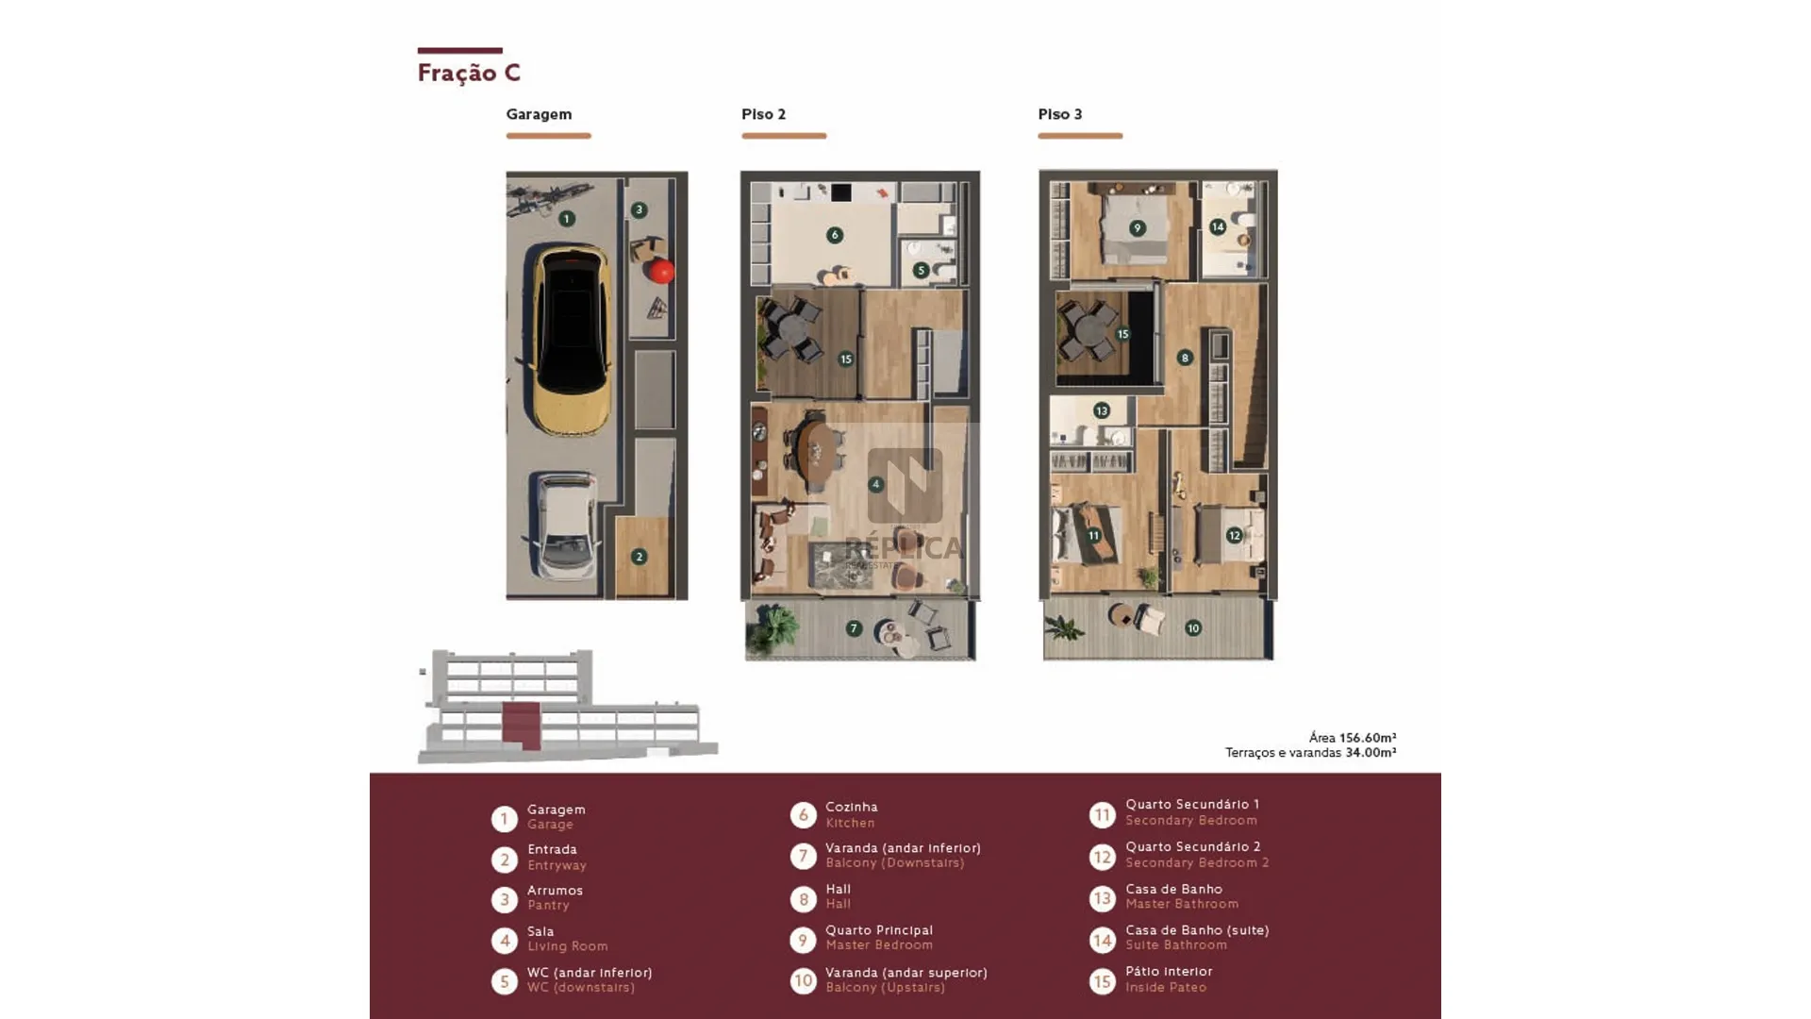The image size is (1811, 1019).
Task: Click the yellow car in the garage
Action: [x=572, y=339]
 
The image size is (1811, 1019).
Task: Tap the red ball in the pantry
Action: [x=661, y=271]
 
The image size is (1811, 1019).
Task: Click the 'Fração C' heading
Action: [x=469, y=73]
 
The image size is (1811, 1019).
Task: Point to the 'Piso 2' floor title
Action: [x=763, y=114]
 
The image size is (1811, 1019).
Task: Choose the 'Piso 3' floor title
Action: [x=1060, y=114]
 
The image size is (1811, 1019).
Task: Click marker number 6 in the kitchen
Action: [x=835, y=235]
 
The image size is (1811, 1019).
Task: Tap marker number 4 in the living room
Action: [x=876, y=484]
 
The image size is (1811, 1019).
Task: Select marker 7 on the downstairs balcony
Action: [x=854, y=628]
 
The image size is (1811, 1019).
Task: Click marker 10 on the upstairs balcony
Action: [x=1193, y=628]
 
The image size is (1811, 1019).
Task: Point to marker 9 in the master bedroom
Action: [x=1138, y=228]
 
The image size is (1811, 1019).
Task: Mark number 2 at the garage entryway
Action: [x=639, y=557]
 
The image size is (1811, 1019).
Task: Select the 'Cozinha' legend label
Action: [x=852, y=807]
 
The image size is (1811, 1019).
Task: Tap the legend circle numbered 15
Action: [x=1103, y=981]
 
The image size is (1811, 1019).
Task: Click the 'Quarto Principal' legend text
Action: [x=879, y=930]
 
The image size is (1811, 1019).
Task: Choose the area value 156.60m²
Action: [x=1368, y=738]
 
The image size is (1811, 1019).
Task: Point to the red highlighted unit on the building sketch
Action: [x=522, y=725]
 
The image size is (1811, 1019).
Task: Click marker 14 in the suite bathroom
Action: [x=1218, y=226]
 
